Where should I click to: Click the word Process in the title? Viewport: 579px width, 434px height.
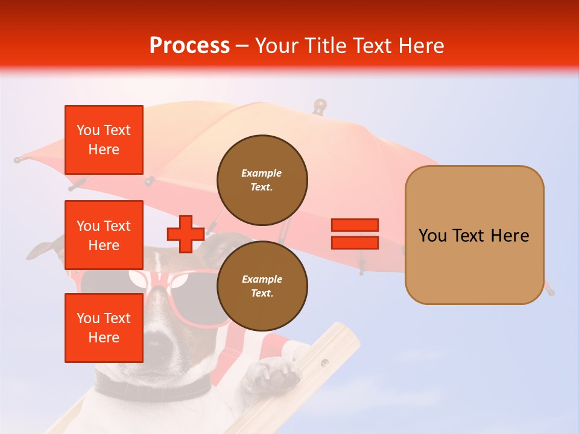pos(189,45)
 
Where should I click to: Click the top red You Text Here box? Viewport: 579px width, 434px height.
pos(104,140)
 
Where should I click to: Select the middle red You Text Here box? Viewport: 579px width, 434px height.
pos(104,235)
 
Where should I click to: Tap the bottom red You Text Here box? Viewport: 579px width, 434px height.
pos(104,328)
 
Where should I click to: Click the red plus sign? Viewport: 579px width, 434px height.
pos(186,234)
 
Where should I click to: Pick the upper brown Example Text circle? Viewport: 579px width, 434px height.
pos(262,180)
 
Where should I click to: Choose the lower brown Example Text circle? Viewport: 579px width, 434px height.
pos(262,286)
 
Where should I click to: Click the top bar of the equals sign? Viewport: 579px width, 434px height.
pos(355,225)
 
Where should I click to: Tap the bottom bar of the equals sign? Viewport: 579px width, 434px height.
pos(355,243)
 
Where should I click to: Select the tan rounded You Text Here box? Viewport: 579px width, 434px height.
pos(474,235)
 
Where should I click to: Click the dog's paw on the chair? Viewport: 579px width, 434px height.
pos(271,373)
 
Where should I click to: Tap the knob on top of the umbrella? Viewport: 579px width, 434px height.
pos(319,105)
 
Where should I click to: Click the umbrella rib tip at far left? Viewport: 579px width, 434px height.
pos(18,160)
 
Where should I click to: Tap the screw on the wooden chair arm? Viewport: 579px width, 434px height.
pos(324,362)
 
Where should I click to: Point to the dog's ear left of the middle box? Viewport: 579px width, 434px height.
pos(45,250)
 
